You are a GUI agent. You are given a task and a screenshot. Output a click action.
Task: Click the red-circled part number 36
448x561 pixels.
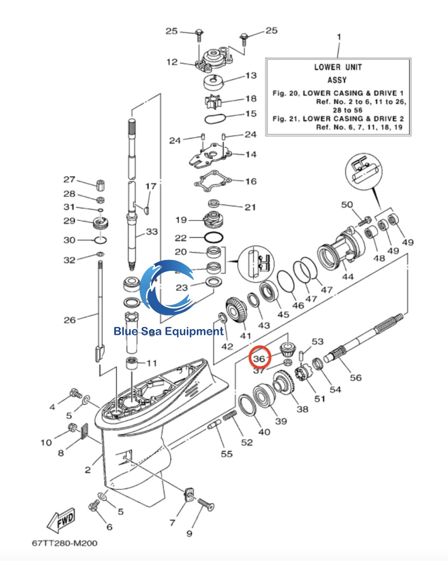(260, 358)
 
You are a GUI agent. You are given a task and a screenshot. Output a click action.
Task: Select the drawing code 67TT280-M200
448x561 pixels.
(65, 543)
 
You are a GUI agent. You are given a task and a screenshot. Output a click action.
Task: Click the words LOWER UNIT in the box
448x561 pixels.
(338, 67)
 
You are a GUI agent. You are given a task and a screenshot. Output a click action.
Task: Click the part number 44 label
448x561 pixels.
(348, 277)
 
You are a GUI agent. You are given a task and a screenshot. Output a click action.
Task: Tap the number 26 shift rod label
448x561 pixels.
(70, 320)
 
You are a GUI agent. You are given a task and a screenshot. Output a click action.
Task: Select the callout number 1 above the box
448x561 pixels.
(339, 37)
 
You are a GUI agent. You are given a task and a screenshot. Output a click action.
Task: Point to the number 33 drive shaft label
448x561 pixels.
(152, 231)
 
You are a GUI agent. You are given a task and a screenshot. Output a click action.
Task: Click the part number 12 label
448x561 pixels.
(172, 62)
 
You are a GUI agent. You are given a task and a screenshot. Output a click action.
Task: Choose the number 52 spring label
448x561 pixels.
(247, 442)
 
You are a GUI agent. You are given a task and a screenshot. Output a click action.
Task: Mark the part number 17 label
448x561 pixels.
(150, 186)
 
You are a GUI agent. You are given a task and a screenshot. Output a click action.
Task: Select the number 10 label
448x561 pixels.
(46, 442)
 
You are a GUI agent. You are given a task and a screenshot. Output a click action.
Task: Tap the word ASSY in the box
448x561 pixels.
(337, 80)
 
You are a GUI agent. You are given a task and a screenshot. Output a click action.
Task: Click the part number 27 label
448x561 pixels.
(69, 179)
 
